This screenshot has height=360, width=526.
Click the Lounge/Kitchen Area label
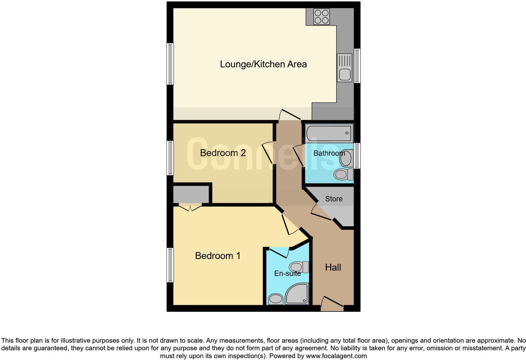click(x=263, y=64)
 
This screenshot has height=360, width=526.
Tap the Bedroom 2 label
click(x=223, y=153)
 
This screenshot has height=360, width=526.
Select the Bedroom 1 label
click(x=218, y=256)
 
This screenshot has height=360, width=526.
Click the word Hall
click(x=333, y=267)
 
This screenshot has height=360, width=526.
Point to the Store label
click(x=334, y=199)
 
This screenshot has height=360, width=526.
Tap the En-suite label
click(x=288, y=273)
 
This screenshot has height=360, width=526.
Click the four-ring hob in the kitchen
click(x=322, y=17)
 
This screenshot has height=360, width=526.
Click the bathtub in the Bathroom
click(x=329, y=133)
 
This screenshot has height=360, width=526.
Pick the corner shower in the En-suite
click(x=297, y=294)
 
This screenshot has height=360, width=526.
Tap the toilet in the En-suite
click(x=299, y=267)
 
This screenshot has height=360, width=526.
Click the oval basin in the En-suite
click(x=276, y=298)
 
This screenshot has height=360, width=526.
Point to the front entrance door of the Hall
click(x=332, y=304)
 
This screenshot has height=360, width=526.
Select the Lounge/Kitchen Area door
click(x=290, y=115)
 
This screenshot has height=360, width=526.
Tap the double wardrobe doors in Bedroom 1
click(x=190, y=207)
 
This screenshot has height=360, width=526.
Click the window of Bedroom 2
click(x=170, y=158)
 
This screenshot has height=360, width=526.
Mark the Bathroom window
click(x=357, y=155)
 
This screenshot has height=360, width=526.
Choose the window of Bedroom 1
click(x=170, y=265)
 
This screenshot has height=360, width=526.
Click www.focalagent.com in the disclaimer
click(x=336, y=356)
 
